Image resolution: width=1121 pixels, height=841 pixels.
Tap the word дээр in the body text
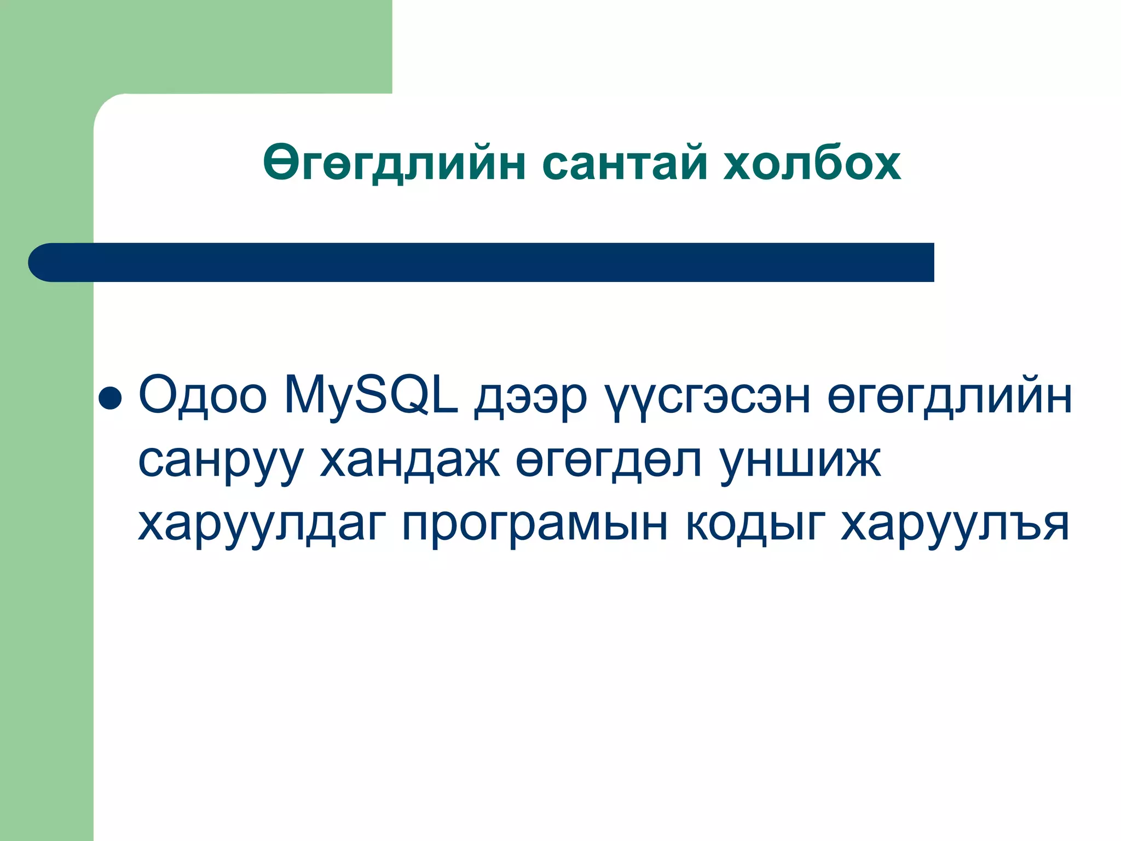[x=530, y=397]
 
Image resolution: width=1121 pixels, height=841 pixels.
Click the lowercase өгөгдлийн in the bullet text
[x=950, y=397]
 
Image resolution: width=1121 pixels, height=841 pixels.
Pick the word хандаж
[x=409, y=460]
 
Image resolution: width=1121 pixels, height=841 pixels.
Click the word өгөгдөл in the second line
[x=608, y=460]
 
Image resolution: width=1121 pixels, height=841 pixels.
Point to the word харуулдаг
[x=262, y=524]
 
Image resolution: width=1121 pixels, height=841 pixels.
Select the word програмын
[x=535, y=524]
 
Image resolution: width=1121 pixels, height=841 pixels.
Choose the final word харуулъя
[x=955, y=524]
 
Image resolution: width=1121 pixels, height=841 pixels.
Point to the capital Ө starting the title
[x=280, y=163]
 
